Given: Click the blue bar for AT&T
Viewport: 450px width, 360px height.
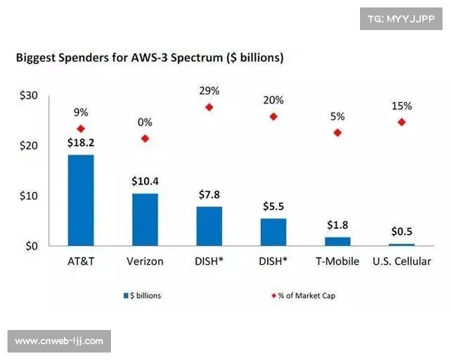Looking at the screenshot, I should (x=80, y=200).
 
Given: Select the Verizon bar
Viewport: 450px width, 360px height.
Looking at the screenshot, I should (x=145, y=220).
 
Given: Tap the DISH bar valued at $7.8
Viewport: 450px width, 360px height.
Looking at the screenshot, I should (x=209, y=226).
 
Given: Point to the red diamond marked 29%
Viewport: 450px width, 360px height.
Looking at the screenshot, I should (x=209, y=107).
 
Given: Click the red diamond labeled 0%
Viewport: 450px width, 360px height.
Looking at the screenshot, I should (x=145, y=138).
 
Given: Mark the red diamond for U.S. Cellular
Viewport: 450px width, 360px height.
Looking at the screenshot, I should (x=401, y=121).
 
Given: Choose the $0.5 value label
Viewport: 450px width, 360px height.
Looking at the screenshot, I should (x=401, y=232).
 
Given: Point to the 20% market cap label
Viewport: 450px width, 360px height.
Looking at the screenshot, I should (x=273, y=100).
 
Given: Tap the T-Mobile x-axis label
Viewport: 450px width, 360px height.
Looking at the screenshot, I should (x=337, y=261).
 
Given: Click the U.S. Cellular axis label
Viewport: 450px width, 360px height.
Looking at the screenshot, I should (x=401, y=261).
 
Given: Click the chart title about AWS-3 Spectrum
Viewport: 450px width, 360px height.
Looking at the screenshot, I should (x=148, y=57).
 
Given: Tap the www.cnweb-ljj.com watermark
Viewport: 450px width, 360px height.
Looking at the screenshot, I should (x=60, y=341).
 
